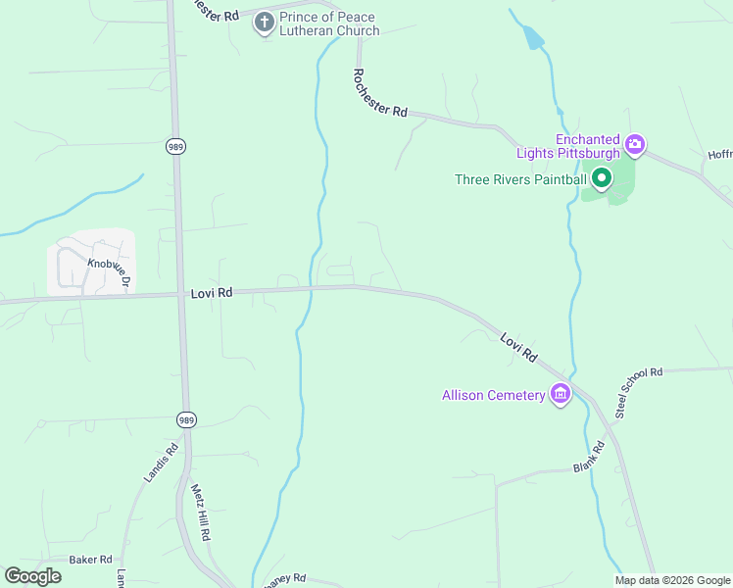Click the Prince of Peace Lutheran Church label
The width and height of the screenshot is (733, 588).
329,24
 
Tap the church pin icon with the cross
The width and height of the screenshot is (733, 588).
264,22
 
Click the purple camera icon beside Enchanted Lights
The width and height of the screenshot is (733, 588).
635,146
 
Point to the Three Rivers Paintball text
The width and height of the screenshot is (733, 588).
520,178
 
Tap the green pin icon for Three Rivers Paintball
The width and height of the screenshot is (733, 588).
601,177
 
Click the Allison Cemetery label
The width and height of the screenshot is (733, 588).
493,395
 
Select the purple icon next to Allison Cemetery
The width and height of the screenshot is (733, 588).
561,395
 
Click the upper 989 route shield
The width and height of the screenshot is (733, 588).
175,147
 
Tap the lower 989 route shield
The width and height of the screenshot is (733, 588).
186,419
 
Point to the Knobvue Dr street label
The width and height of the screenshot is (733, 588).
108,271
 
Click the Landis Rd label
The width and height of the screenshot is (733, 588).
161,463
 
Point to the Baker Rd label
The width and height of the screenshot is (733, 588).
90,560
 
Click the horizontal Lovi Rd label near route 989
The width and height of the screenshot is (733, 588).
212,292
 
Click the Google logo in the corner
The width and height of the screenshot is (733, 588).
32,575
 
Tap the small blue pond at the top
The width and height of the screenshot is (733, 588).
532,38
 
